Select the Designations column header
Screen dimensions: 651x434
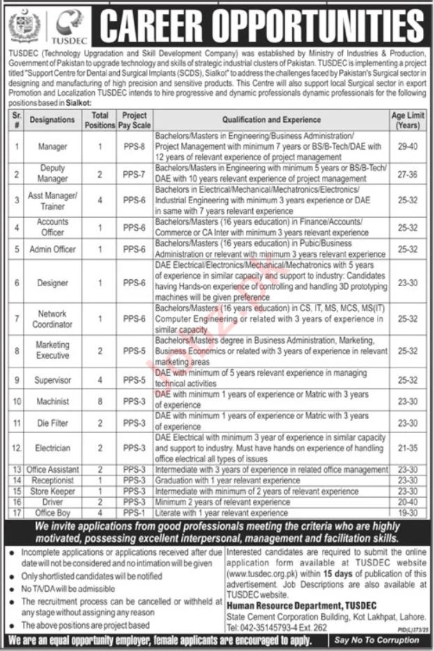click(52, 120)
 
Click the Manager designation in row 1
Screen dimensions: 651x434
click(52, 147)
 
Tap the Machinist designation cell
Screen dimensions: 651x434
click(52, 402)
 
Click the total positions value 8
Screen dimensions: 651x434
click(100, 402)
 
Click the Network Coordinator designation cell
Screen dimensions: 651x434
click(52, 319)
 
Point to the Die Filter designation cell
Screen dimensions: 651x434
click(52, 423)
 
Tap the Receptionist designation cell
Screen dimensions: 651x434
click(52, 480)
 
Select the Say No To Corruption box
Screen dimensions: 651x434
click(378, 640)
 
